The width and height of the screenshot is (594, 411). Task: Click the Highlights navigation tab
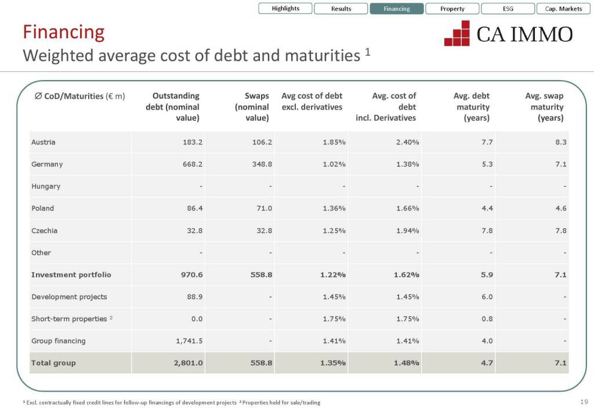coord(285,9)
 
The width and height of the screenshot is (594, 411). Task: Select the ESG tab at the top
coord(508,9)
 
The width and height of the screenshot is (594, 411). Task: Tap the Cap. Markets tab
coord(563,9)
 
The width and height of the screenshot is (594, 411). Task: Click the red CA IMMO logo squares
coord(457,33)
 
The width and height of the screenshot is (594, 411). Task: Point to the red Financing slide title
coord(64,32)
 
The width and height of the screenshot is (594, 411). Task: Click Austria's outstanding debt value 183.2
coord(193,142)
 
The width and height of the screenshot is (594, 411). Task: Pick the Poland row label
coord(42,209)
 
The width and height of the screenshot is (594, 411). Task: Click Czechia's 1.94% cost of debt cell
coord(407,231)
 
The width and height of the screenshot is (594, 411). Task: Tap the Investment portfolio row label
coord(71,275)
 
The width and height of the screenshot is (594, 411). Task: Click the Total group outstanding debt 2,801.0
coord(189,363)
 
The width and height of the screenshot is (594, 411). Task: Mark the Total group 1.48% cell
coord(406,363)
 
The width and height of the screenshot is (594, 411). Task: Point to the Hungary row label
coord(46,187)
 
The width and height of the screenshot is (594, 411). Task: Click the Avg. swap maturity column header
coord(545,107)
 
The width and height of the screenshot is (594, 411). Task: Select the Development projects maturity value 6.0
coord(487,297)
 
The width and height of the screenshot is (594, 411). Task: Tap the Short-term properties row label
coord(69,319)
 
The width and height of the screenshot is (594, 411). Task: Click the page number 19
coord(584,402)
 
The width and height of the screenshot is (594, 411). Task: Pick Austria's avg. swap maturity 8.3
coord(560,142)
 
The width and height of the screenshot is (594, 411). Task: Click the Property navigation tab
coord(452,9)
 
